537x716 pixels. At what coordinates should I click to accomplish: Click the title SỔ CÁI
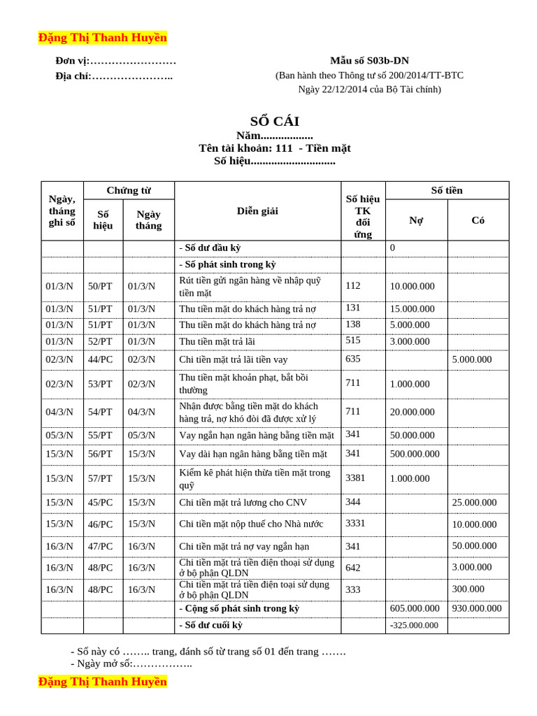274,121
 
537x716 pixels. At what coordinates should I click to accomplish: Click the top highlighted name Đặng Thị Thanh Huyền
103,38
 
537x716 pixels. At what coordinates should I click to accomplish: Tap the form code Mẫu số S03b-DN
369,61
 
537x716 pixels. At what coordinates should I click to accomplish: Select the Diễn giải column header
257,210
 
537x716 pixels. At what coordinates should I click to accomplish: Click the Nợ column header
416,220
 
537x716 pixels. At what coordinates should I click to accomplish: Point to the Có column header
478,220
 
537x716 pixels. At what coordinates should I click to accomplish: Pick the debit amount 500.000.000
415,454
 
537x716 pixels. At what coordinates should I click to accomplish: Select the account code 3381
355,478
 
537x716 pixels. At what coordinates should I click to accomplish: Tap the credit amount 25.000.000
474,502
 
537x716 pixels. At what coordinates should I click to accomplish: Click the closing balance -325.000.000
414,626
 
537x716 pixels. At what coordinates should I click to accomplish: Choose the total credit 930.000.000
477,608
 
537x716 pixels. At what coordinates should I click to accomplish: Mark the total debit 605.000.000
415,608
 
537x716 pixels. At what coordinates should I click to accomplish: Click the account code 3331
355,523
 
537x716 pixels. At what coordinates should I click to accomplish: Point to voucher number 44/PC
100,359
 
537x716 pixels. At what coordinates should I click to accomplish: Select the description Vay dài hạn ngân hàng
253,454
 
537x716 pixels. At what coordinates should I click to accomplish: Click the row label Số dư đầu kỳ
210,248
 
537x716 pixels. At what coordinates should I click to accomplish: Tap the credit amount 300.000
468,589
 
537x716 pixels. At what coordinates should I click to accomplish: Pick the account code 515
353,341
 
